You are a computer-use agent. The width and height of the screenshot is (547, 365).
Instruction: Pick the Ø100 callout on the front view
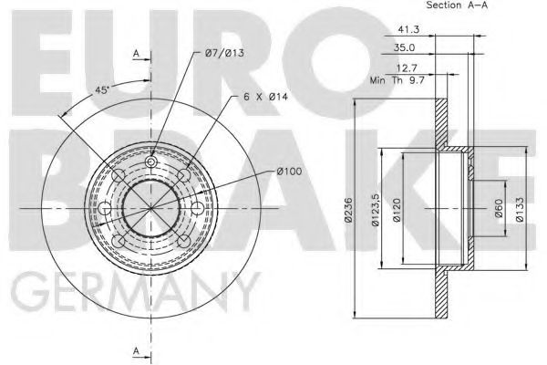pyautogui.click(x=288, y=172)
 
